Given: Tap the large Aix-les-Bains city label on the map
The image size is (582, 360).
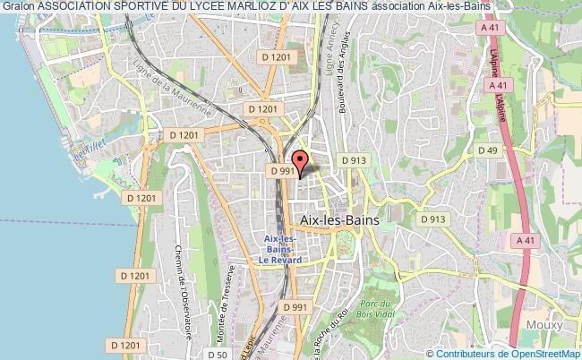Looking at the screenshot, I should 341,219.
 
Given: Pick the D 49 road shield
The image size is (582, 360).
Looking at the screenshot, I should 487,150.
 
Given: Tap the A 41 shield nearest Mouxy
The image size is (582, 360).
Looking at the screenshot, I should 526,239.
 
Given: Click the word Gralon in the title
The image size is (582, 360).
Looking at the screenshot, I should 17,7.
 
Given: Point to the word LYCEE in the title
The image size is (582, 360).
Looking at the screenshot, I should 188,7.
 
